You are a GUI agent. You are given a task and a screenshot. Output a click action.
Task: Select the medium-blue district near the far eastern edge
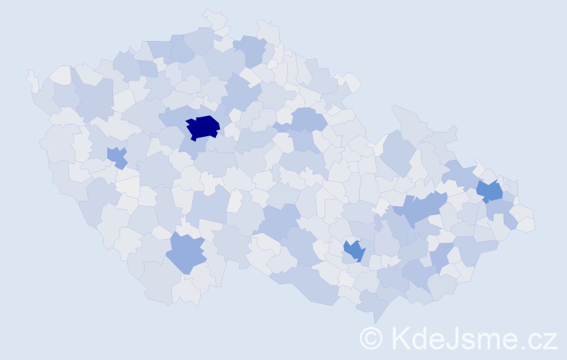point(489,190)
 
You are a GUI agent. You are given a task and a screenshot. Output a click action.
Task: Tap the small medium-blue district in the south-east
point(354,250)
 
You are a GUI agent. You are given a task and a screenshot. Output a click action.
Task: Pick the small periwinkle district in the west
point(117,156)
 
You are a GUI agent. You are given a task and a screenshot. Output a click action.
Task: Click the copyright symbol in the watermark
point(371,338)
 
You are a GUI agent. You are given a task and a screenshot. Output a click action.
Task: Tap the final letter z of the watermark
point(550,340)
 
